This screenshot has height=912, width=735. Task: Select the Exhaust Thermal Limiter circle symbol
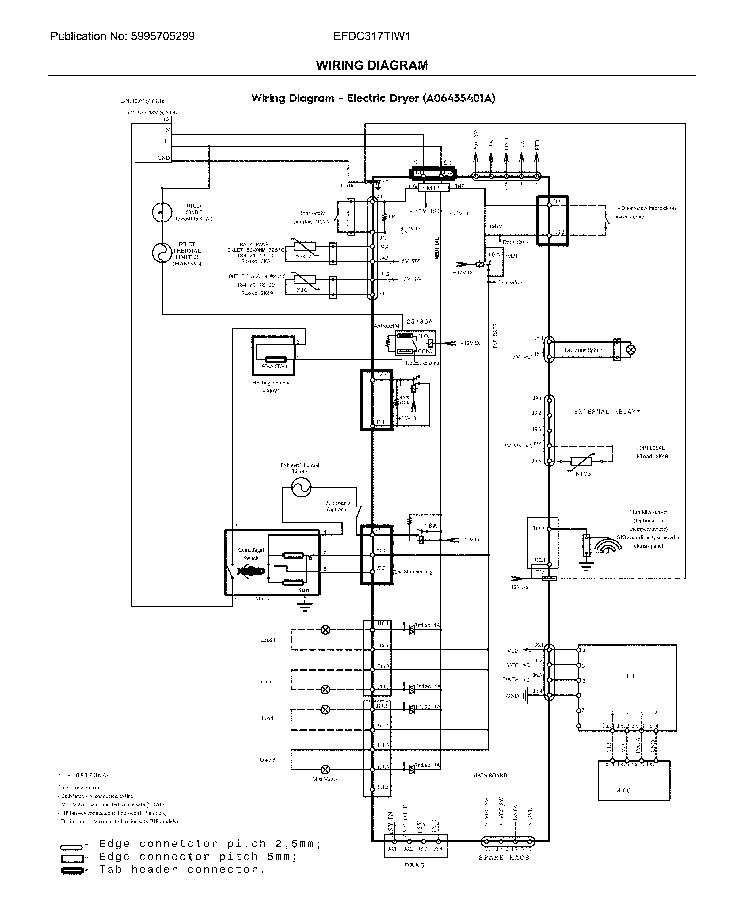point(301,488)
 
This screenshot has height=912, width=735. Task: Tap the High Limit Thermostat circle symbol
point(162,212)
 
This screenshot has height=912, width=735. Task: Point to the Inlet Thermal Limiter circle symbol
point(162,253)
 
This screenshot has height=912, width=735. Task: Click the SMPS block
point(432,188)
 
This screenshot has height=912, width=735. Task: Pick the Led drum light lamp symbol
point(630,350)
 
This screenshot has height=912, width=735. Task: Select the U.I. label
point(631,676)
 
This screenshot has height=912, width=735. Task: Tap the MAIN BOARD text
point(489,776)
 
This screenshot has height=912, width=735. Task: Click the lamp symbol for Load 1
point(325,630)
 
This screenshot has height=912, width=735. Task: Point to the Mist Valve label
point(324,779)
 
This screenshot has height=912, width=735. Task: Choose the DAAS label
point(414,865)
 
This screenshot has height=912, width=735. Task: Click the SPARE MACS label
point(504,858)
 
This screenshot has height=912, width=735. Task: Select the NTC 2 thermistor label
point(303,257)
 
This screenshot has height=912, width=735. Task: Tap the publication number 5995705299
point(162,36)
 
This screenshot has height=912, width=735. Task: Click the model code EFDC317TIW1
point(372,36)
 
